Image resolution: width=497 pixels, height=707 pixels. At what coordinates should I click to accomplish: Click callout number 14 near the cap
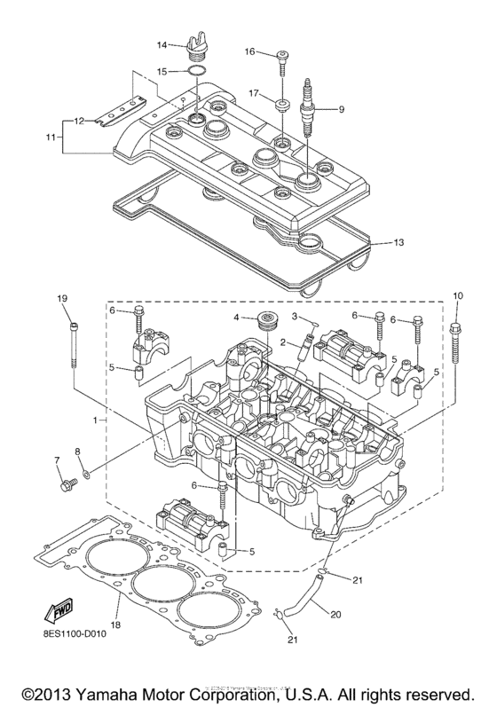[x=162, y=44]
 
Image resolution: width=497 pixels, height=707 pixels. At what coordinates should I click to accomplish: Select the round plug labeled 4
[x=265, y=319]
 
